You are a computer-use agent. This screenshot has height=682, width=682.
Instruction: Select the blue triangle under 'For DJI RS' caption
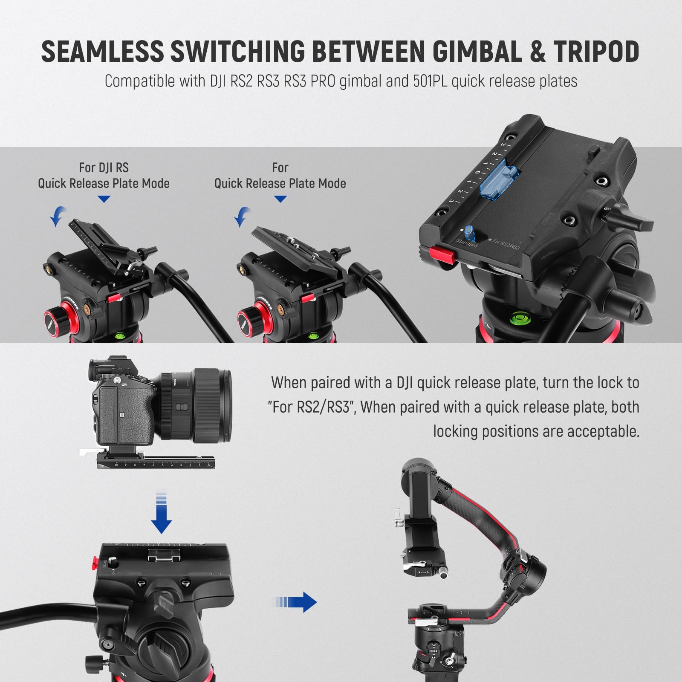click(104, 199)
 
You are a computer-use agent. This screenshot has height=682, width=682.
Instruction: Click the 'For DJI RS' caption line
click(104, 168)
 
